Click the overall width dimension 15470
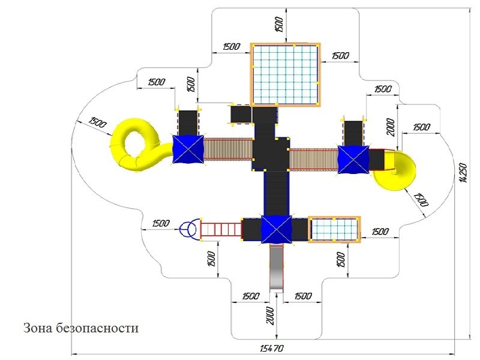(272, 348)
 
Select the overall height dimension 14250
(463, 173)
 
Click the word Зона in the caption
(38, 328)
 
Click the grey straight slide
(277, 267)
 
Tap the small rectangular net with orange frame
(334, 230)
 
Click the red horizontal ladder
(221, 230)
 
